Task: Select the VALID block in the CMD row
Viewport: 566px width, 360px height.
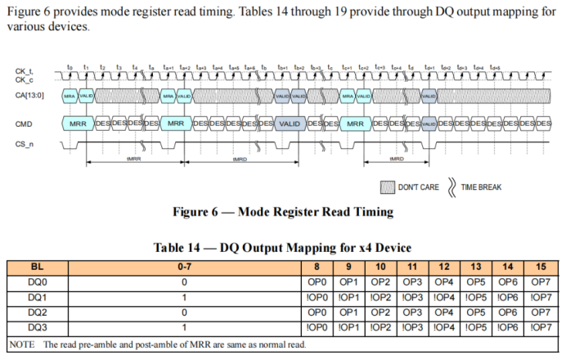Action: tap(290, 124)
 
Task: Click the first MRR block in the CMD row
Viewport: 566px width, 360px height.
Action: tap(79, 124)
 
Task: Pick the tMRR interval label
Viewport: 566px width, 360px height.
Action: tap(133, 159)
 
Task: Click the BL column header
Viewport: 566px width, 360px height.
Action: tap(38, 267)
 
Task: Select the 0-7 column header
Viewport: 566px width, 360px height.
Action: tap(186, 267)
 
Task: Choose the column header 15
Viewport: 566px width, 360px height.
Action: tap(541, 267)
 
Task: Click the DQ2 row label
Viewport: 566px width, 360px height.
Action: tap(38, 312)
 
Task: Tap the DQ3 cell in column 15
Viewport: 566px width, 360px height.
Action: tap(541, 327)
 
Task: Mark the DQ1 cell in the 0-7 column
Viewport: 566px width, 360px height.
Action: tap(186, 297)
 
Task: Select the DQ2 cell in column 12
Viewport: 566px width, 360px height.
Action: tap(444, 312)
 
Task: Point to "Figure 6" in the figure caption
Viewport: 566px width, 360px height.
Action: tap(199, 212)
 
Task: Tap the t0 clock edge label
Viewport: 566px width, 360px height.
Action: tap(70, 66)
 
